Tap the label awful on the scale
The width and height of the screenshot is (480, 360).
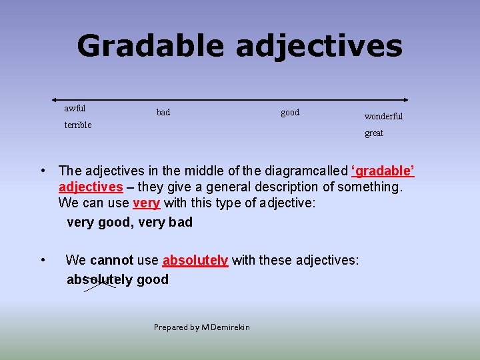click(x=75, y=108)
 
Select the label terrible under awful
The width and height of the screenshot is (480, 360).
click(x=78, y=125)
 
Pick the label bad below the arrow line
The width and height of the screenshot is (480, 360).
click(x=163, y=112)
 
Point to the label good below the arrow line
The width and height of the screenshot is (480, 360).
click(x=290, y=112)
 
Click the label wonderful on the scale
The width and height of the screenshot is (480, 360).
click(x=383, y=116)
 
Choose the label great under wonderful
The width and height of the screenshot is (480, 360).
click(x=374, y=133)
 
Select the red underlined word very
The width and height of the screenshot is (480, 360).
click(x=147, y=203)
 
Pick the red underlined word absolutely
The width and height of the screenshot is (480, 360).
click(x=195, y=260)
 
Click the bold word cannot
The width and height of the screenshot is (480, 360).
click(x=111, y=260)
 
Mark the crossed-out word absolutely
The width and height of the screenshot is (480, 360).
click(x=99, y=279)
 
